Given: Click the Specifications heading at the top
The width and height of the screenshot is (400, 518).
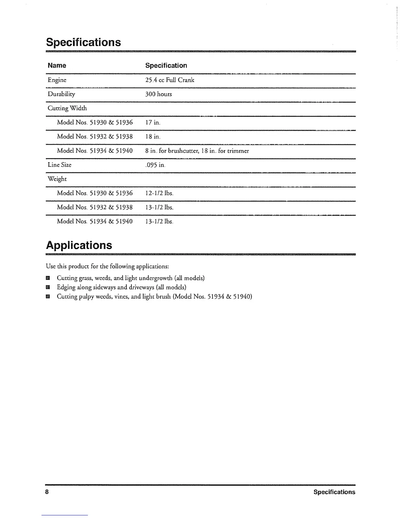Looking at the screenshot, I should click(x=83, y=43).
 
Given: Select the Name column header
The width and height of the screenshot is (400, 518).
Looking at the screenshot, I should click(x=57, y=65).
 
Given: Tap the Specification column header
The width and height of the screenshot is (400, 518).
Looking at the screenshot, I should click(x=166, y=65).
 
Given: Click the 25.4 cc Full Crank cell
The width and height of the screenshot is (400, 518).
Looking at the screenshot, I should click(x=170, y=80).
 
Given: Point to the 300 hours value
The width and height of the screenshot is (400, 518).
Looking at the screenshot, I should click(x=158, y=94).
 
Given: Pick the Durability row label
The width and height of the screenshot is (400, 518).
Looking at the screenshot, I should click(x=61, y=94).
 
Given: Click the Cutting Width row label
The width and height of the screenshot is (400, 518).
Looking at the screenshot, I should click(x=67, y=108).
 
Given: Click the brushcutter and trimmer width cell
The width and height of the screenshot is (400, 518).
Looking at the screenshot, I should click(x=197, y=151).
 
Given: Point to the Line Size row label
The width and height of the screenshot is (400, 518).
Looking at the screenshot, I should click(x=59, y=165).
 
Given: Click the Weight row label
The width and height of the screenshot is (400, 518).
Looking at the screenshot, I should click(x=57, y=179).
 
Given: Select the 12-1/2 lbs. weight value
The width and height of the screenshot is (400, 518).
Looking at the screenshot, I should click(x=159, y=193).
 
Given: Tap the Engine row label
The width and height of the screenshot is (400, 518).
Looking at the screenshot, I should click(x=57, y=80).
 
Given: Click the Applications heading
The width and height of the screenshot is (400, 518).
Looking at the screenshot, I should click(x=79, y=245).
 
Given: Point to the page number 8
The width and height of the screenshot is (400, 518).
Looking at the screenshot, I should click(x=47, y=492).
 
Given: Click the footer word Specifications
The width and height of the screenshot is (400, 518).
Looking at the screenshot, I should click(x=334, y=492).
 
